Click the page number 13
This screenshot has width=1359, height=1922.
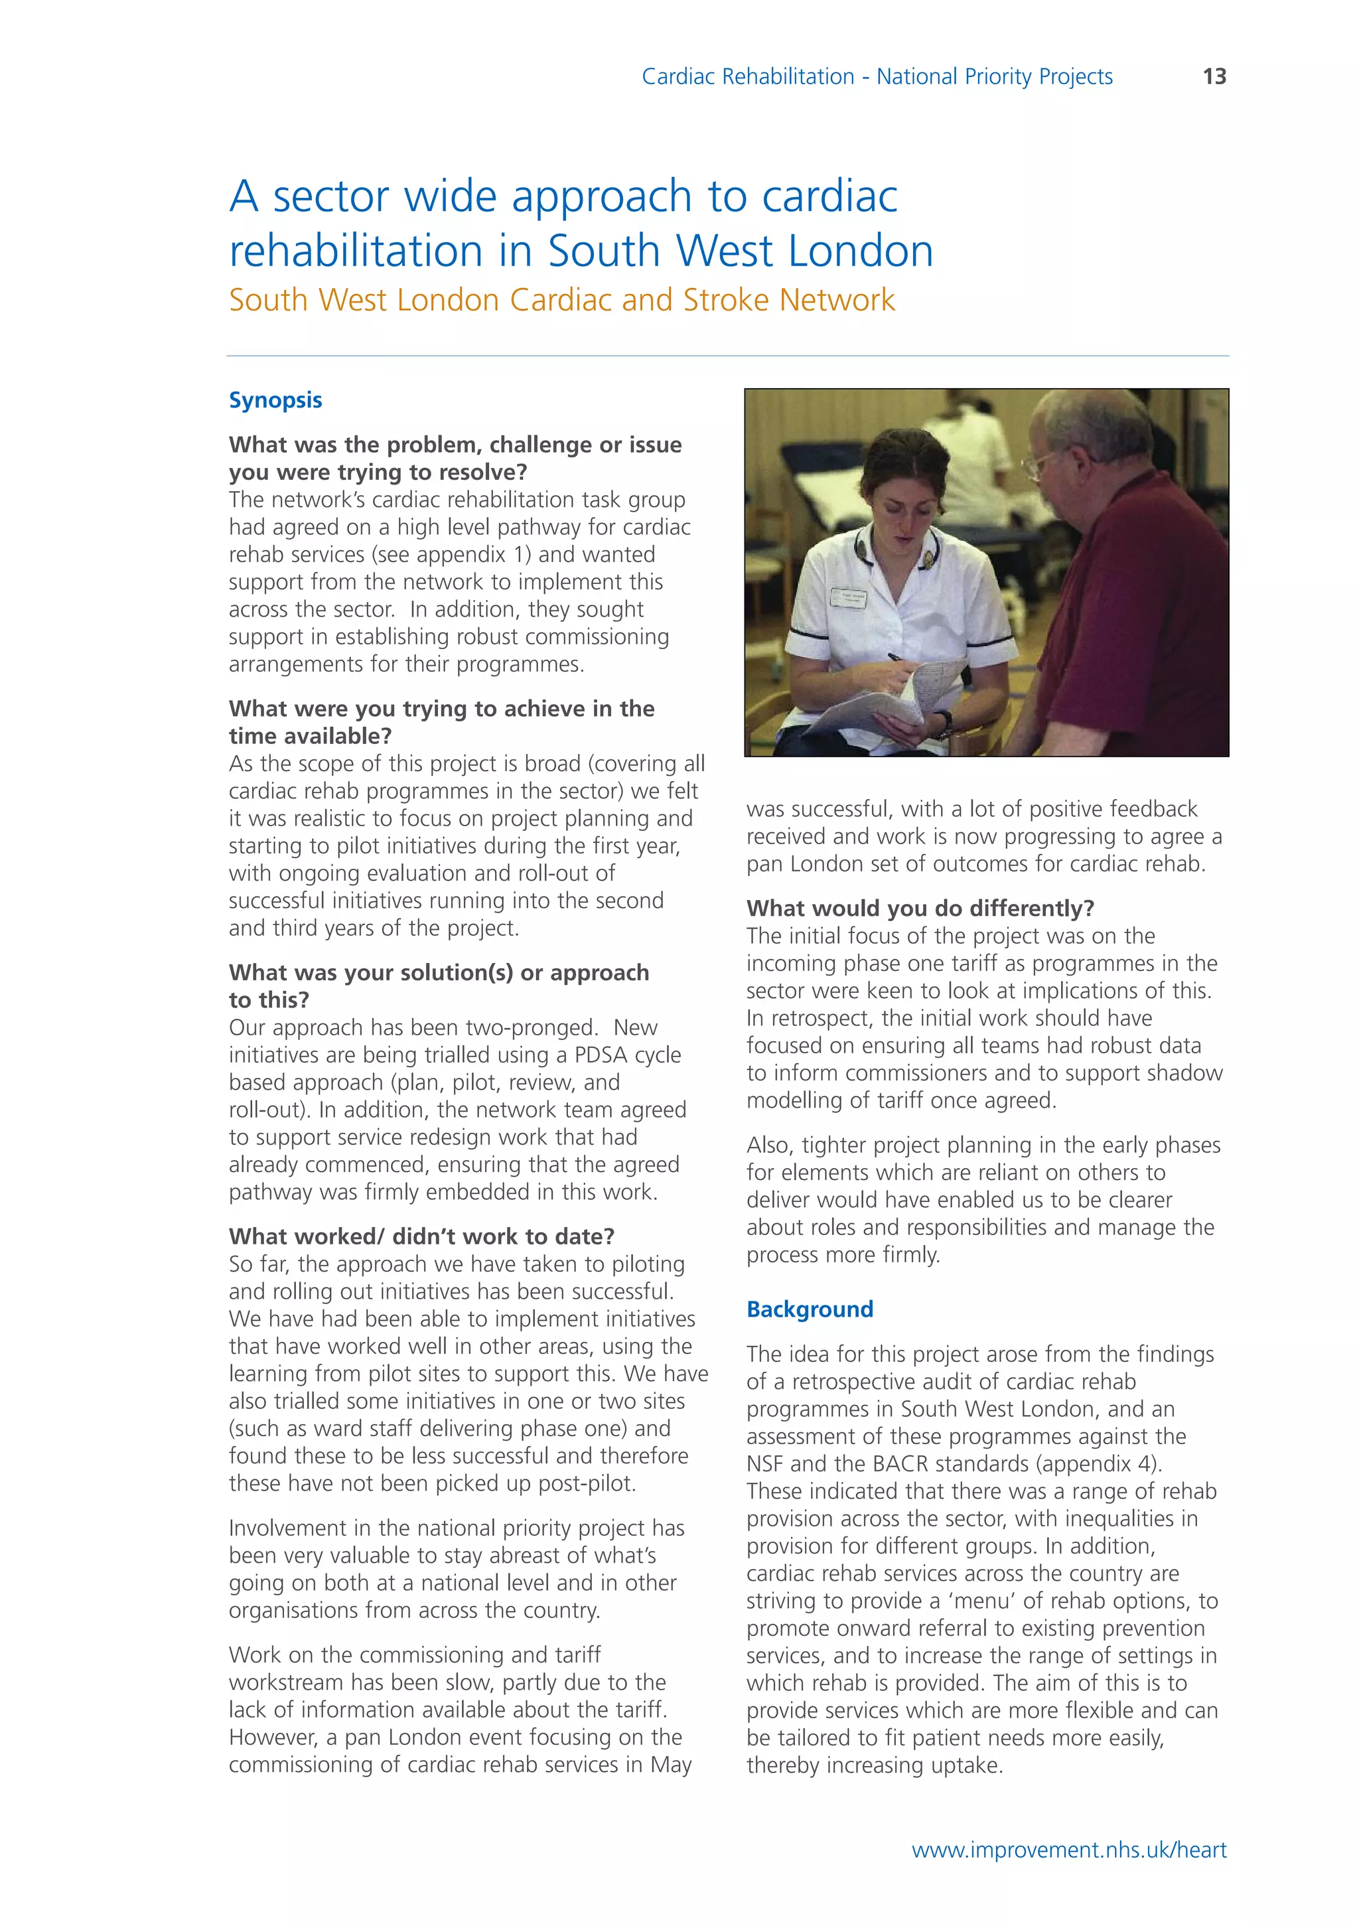point(1214,76)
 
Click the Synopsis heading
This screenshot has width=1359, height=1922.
point(275,400)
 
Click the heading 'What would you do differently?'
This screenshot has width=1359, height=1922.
point(920,909)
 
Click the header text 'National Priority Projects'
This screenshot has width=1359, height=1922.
point(994,76)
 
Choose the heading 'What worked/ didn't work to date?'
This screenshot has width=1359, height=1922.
point(422,1236)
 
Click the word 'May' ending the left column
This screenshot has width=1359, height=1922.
point(670,1765)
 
